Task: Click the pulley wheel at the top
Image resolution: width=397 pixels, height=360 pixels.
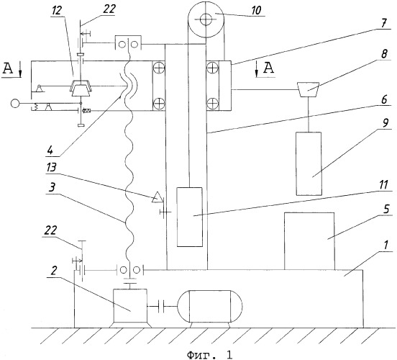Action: pyautogui.click(x=206, y=19)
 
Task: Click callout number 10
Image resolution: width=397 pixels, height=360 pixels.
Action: pyautogui.click(x=256, y=11)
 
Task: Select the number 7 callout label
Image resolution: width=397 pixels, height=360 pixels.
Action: pyautogui.click(x=384, y=24)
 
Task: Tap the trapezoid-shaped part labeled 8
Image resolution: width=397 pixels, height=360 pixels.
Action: pyautogui.click(x=308, y=89)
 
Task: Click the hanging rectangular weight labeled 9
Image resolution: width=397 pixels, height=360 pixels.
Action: pyautogui.click(x=309, y=163)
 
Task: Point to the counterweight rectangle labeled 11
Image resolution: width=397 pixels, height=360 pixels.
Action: pyautogui.click(x=190, y=217)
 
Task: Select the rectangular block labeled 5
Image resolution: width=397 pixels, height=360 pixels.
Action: pyautogui.click(x=309, y=241)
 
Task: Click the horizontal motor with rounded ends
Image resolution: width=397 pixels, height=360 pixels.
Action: pyautogui.click(x=210, y=306)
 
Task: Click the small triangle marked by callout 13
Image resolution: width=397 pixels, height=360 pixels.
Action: pyautogui.click(x=158, y=197)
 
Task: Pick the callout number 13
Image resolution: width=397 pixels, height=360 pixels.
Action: pyautogui.click(x=51, y=167)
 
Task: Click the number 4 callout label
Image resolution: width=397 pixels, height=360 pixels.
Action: pyautogui.click(x=50, y=150)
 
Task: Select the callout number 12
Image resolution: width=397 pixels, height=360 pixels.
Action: pyautogui.click(x=58, y=11)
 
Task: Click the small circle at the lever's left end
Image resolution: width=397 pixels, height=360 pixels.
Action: pyautogui.click(x=15, y=104)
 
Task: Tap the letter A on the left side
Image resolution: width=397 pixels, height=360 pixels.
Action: pyautogui.click(x=7, y=68)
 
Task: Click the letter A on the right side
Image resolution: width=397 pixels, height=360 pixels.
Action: pyautogui.click(x=269, y=68)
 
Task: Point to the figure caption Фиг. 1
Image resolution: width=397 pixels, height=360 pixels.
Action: pyautogui.click(x=209, y=354)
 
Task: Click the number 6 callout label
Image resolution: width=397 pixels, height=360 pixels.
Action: pyautogui.click(x=384, y=99)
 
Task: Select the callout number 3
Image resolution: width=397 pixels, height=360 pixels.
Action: pyautogui.click(x=53, y=188)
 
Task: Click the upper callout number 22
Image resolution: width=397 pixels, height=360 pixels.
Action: pyautogui.click(x=109, y=9)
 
